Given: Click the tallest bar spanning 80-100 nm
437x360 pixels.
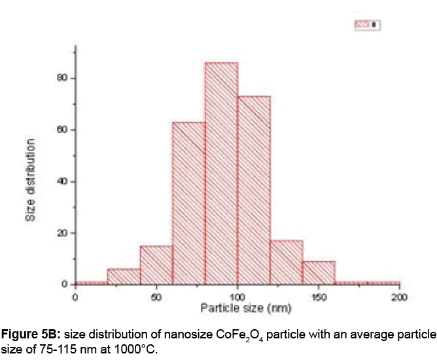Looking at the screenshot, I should tap(221, 173).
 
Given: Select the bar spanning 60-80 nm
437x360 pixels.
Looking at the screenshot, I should tap(188, 203).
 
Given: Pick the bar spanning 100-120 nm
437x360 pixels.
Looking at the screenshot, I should tap(254, 190).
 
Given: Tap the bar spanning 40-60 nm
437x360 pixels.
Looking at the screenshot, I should tap(156, 265).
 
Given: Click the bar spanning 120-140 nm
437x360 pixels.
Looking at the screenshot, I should tap(286, 262).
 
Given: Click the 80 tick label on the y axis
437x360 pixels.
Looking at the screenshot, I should tap(63, 78).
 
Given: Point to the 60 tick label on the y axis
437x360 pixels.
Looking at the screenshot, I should tap(63, 130).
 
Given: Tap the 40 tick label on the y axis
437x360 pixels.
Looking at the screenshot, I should tap(63, 181).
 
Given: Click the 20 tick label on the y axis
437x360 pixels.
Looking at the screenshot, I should tap(63, 233).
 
